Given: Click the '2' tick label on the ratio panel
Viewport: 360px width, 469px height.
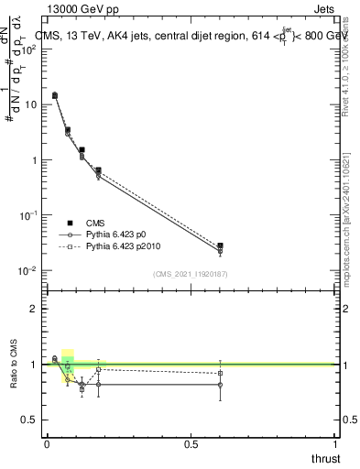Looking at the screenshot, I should [x=34, y=310].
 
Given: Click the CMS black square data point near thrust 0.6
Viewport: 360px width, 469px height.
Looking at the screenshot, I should [x=220, y=245].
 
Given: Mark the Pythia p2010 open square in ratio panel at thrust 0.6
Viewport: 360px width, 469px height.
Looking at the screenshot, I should [x=220, y=373].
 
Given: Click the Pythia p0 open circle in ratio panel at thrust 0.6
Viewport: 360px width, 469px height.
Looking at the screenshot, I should [x=220, y=385].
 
